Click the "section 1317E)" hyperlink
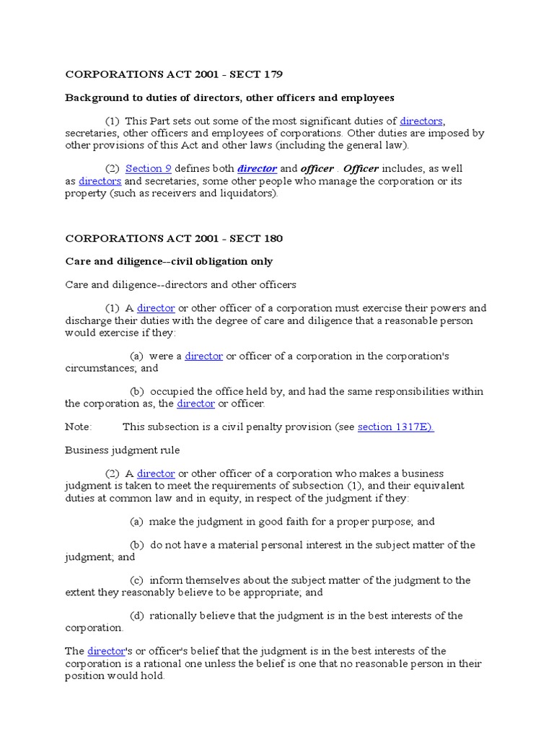tap(395, 427)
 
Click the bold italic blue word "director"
tap(257, 169)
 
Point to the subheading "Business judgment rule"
tap(123, 450)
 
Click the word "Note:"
tap(79, 427)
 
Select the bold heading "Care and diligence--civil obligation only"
tap(169, 261)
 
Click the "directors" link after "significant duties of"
tap(421, 121)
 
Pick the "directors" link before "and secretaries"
tap(100, 181)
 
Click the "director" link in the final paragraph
tap(106, 651)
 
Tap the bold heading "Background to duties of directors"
tap(229, 97)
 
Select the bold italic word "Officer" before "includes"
tap(361, 169)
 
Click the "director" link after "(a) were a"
tap(204, 357)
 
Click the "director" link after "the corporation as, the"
tap(196, 403)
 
